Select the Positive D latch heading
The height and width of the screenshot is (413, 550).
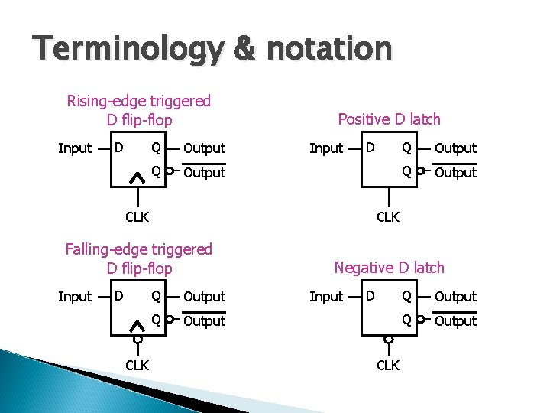pos(389,119)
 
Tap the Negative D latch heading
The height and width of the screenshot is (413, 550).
pos(389,267)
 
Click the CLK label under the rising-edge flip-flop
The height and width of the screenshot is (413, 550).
pos(137,216)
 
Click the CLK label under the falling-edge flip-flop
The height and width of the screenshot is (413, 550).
pos(137,365)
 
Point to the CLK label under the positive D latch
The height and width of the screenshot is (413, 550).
pos(388,216)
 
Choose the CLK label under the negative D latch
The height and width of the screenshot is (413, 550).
pos(388,365)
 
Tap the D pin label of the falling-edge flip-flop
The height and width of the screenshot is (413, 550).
pos(118,295)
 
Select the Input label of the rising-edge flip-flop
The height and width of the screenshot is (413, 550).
pos(75,148)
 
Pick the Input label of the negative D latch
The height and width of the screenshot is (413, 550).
pos(326,297)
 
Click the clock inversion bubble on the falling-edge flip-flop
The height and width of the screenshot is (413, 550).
pos(137,339)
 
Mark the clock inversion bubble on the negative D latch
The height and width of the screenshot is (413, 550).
pos(388,339)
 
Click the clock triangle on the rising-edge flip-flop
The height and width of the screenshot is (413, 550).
pos(137,177)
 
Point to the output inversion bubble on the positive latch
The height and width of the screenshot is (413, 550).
pos(420,172)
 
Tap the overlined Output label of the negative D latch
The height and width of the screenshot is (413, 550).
pos(455,321)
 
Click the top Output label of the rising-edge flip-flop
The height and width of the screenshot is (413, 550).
pos(204,148)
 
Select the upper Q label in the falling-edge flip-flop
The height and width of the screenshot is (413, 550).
pos(156,295)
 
